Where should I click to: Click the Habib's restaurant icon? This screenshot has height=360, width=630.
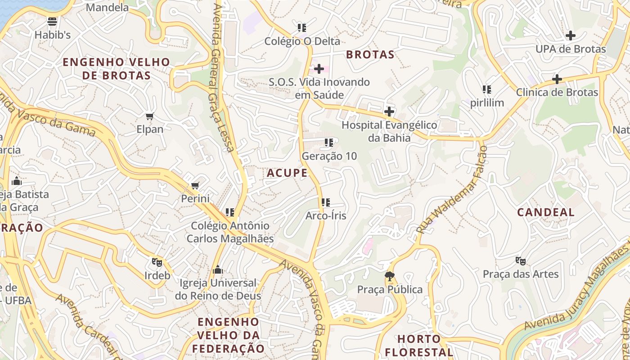(x=52, y=21)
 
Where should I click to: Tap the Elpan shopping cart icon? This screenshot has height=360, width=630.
(x=150, y=116)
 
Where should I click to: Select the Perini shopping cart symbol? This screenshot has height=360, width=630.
(x=195, y=185)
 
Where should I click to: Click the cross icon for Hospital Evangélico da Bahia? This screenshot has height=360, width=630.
(x=389, y=111)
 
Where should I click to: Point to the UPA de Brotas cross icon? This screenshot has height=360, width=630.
(x=570, y=36)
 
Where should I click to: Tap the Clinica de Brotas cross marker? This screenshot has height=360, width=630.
(x=557, y=79)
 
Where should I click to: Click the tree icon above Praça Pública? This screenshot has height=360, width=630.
(x=390, y=276)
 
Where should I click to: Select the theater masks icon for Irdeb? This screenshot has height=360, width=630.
(x=157, y=261)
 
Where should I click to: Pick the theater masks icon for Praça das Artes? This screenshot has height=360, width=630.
(x=521, y=261)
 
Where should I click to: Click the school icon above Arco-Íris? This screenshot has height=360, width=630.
(x=326, y=202)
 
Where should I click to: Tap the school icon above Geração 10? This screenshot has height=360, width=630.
(x=329, y=143)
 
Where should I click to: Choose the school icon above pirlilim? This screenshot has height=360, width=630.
(x=486, y=90)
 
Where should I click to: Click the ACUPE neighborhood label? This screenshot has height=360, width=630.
(x=287, y=173)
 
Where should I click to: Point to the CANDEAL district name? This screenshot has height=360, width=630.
(x=545, y=212)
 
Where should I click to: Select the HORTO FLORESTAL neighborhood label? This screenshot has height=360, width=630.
(x=425, y=345)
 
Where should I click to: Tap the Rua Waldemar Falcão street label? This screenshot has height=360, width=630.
(x=451, y=189)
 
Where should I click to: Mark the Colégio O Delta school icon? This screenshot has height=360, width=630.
(x=301, y=28)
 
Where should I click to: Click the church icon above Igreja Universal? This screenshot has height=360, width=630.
(x=218, y=270)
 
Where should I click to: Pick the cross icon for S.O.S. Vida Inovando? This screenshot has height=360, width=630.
(x=319, y=69)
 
